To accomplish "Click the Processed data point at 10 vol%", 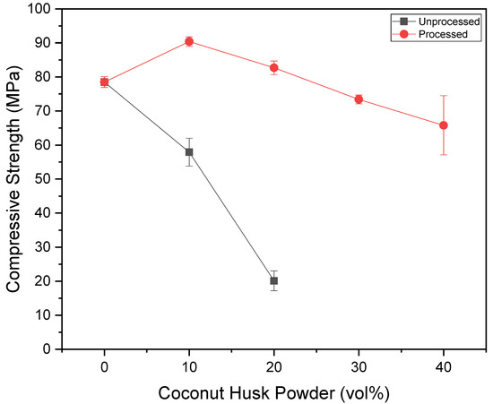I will (189, 41).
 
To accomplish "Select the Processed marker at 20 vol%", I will (274, 68).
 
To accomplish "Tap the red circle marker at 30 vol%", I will (359, 99).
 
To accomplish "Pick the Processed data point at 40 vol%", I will (444, 125).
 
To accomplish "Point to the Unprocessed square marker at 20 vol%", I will (274, 280).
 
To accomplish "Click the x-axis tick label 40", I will (444, 365).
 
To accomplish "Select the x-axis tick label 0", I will (105, 365).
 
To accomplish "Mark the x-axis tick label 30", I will (359, 365).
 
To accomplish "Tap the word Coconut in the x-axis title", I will (189, 391).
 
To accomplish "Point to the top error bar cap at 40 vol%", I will (444, 96).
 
